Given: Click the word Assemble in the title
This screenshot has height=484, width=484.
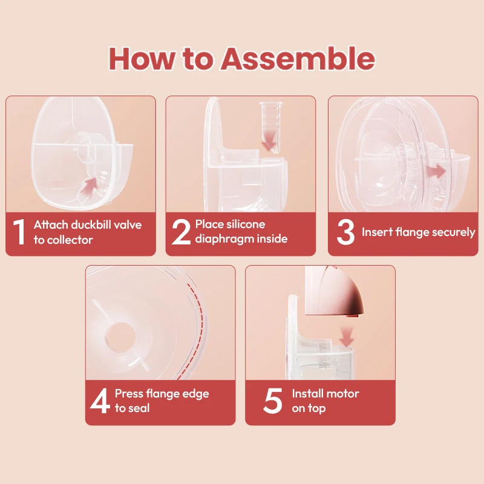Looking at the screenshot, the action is coord(298,59).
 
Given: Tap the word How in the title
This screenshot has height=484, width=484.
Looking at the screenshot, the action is coord(142,59).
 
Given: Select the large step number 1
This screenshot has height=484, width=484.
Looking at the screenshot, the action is coord(19,232).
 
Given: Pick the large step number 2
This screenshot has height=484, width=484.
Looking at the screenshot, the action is coord(181,232).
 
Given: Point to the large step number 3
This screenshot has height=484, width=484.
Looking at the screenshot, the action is coord(345,232).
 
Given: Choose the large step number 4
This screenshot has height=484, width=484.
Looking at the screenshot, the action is coord(100,401).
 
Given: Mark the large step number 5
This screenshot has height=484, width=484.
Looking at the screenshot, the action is coord(273,401).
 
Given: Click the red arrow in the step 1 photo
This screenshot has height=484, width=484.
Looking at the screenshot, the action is coord(89,185).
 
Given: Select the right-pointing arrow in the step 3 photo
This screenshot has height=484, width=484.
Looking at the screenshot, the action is coord(436,171).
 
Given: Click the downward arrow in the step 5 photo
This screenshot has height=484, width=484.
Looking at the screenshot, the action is coord(347,338).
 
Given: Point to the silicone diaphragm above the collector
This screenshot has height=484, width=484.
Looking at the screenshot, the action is coord(270,127).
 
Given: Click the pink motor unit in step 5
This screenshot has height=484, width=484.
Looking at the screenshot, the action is coord(334,291).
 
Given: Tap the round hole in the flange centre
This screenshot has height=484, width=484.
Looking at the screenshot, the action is coord(119,338).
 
